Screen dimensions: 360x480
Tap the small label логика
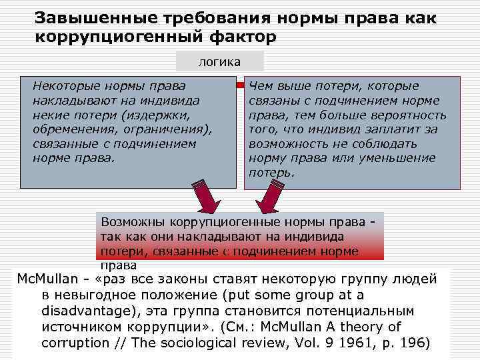219,62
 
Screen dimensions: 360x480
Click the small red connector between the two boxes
241,86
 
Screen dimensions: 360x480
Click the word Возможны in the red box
131,221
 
